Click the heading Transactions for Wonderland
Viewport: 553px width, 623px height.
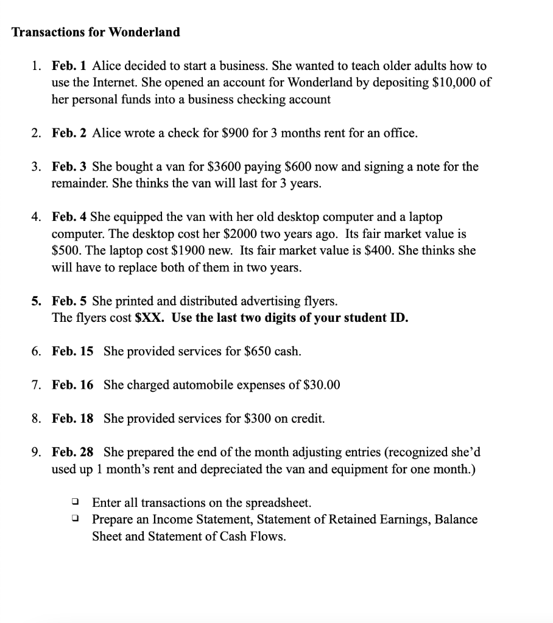tap(96, 32)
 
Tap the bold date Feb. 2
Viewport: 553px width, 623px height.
tap(70, 133)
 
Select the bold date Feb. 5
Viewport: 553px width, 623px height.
tap(70, 301)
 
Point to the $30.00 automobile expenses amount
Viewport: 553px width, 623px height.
tap(320, 385)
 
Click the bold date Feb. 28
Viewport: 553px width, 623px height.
tap(73, 452)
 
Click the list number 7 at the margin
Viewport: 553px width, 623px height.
tap(36, 385)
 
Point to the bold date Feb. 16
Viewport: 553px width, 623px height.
tap(73, 385)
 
